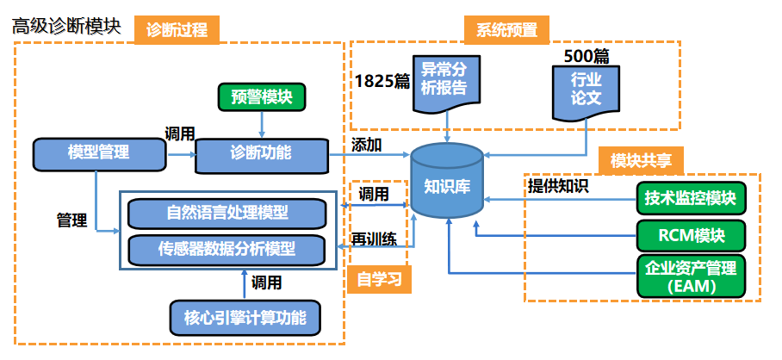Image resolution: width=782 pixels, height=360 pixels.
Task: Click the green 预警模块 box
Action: pyautogui.click(x=261, y=96)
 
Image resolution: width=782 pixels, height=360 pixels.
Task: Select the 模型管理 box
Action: pyautogui.click(x=99, y=153)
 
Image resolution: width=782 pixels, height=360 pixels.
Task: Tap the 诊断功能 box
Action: pyautogui.click(x=261, y=153)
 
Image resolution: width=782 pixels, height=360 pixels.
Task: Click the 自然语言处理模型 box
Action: pyautogui.click(x=227, y=212)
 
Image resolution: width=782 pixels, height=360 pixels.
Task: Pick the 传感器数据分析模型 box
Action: pyautogui.click(x=227, y=250)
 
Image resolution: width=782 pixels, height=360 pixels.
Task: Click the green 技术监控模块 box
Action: pyautogui.click(x=691, y=199)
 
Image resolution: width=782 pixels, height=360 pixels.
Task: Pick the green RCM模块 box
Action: pyautogui.click(x=691, y=235)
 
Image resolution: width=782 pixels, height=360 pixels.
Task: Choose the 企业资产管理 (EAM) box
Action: pyautogui.click(x=691, y=276)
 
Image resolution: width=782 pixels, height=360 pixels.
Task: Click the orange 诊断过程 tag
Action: pyautogui.click(x=177, y=29)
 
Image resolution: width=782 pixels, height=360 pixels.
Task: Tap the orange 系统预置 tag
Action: pyautogui.click(x=506, y=29)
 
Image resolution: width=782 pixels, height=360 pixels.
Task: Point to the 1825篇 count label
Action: pyautogui.click(x=382, y=81)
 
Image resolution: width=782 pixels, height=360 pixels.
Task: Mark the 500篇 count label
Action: pyautogui.click(x=586, y=56)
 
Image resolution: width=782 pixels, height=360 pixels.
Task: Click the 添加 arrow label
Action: pyautogui.click(x=367, y=144)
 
